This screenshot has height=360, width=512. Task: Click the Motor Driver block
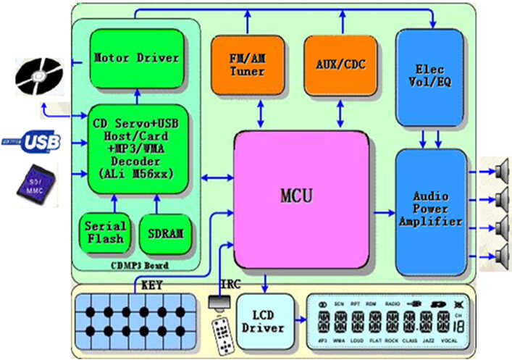135,57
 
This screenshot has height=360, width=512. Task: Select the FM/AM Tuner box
247,65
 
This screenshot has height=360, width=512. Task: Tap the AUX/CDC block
340,65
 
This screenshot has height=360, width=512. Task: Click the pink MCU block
301,196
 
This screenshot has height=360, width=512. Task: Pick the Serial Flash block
104,233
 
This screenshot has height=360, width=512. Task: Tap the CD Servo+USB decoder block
135,148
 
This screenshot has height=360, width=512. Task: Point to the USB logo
33,142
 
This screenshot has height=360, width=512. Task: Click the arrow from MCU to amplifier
383,212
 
